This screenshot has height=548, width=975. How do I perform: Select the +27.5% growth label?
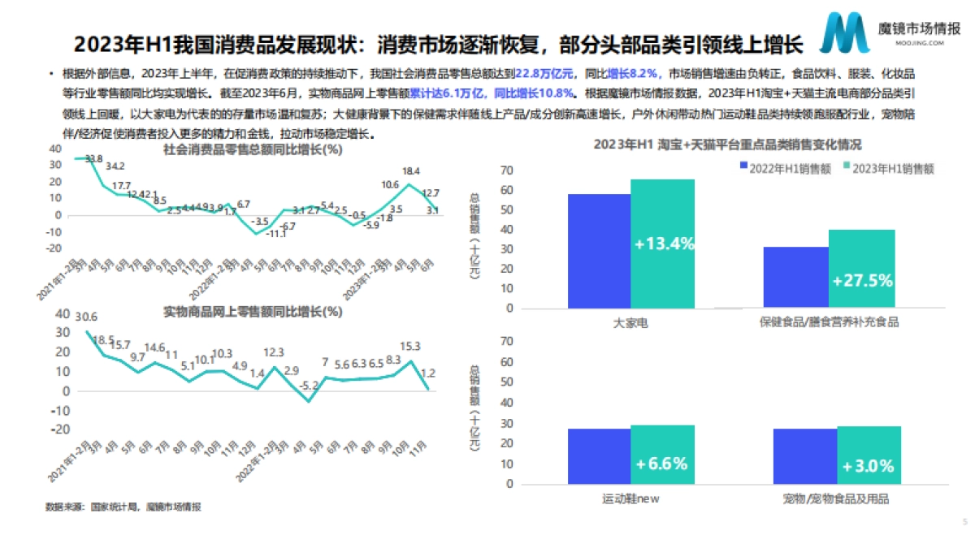[862, 281]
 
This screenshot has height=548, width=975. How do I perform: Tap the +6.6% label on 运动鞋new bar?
[662, 464]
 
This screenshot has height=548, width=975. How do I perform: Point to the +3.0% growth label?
[868, 466]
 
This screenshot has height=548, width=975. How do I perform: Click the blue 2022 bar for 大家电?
[599, 251]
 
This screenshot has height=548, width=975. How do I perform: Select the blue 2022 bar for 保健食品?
[796, 277]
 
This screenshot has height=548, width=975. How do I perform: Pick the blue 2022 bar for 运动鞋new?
[599, 455]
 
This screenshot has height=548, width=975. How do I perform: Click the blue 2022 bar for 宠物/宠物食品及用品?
[805, 455]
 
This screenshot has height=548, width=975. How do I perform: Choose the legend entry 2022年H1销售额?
[772, 168]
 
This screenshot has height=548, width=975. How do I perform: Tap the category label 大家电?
[630, 321]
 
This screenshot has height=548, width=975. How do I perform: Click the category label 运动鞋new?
[630, 498]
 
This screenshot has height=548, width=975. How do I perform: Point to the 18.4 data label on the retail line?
[411, 171]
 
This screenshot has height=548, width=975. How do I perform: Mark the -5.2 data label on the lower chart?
[310, 385]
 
